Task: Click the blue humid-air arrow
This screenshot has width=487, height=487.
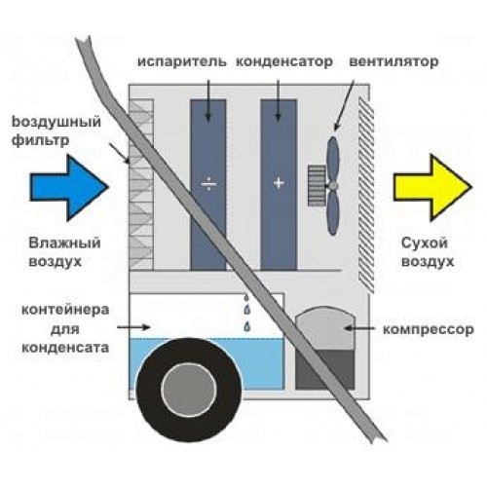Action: pyautogui.click(x=69, y=188)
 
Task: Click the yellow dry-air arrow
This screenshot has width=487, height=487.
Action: pyautogui.click(x=432, y=188)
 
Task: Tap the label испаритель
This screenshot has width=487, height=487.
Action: pyautogui.click(x=182, y=61)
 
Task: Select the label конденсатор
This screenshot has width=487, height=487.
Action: pyautogui.click(x=284, y=61)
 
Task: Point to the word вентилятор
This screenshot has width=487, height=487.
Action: pyautogui.click(x=393, y=61)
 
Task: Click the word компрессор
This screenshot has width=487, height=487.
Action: pyautogui.click(x=429, y=330)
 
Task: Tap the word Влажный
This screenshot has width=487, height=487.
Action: pyautogui.click(x=64, y=243)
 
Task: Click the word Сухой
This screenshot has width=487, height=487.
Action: pyautogui.click(x=425, y=243)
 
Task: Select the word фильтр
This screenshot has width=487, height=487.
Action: pyautogui.click(x=41, y=141)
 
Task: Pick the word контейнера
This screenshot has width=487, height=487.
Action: pyautogui.click(x=65, y=310)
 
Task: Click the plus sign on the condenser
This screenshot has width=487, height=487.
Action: pyautogui.click(x=279, y=183)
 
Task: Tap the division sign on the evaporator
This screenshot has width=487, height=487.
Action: pyautogui.click(x=208, y=184)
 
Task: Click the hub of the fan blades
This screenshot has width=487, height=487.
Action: pyautogui.click(x=333, y=185)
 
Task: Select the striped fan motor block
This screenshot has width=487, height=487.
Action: pyautogui.click(x=317, y=185)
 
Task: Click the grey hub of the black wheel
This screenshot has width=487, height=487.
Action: pyautogui.click(x=189, y=390)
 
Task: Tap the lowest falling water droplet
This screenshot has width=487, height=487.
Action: pyautogui.click(x=247, y=326)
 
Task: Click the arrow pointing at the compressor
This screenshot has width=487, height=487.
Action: pyautogui.click(x=359, y=328)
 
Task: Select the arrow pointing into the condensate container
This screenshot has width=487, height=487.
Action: pyautogui.click(x=133, y=327)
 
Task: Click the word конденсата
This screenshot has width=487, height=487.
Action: pyautogui.click(x=65, y=348)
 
